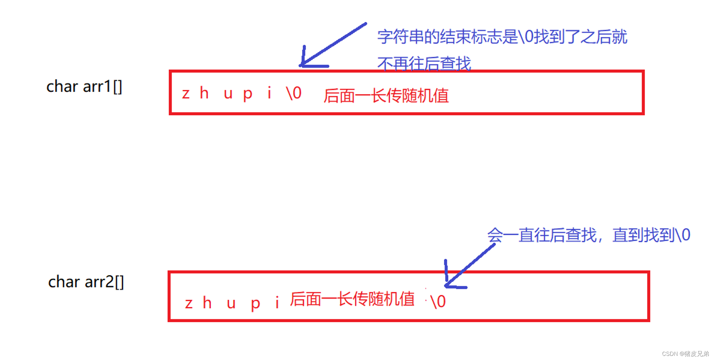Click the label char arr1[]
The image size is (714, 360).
[84, 87]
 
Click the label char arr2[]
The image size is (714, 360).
[86, 282]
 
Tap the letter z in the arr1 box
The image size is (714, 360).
[186, 94]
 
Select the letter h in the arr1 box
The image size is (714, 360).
[204, 93]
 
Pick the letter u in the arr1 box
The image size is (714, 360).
[228, 94]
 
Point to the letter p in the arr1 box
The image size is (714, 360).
[247, 94]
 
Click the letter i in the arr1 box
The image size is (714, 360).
[269, 93]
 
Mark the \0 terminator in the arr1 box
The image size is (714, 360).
[294, 93]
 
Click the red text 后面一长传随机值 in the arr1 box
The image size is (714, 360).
[386, 95]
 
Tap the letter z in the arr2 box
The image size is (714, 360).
[189, 304]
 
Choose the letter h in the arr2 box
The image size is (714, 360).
[207, 303]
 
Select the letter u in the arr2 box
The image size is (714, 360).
[231, 304]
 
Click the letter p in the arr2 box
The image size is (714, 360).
[255, 304]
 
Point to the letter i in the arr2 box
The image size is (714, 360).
[277, 303]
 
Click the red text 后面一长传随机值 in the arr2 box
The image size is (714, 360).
[352, 299]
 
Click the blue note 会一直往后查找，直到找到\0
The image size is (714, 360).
[589, 235]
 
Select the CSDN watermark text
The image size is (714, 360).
[685, 354]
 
